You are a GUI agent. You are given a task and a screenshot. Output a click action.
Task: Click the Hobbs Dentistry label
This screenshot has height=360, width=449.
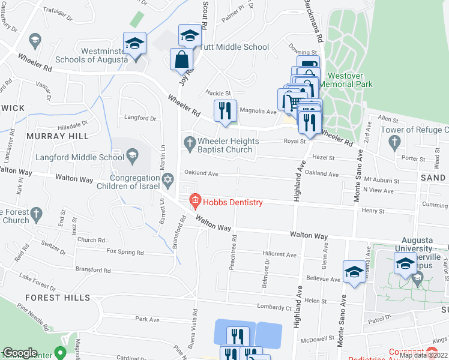[233, 202]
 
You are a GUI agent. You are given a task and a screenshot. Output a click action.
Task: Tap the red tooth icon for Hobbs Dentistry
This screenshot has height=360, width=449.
[194, 200]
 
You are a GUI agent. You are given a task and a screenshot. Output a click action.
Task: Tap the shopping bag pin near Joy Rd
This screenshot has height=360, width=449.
[181, 60]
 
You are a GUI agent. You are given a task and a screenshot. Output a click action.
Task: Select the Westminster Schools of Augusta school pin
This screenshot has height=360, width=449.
[134, 44]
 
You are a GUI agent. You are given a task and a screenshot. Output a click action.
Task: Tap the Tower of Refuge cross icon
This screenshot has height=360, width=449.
[394, 142]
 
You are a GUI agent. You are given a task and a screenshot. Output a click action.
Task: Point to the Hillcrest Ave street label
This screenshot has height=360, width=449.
[280, 254]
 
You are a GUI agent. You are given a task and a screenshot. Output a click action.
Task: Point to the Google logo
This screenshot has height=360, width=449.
[20, 353]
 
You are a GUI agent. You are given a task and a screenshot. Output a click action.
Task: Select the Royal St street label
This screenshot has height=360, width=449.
[295, 142]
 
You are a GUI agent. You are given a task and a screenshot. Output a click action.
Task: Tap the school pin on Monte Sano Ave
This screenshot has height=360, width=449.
[354, 272]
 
